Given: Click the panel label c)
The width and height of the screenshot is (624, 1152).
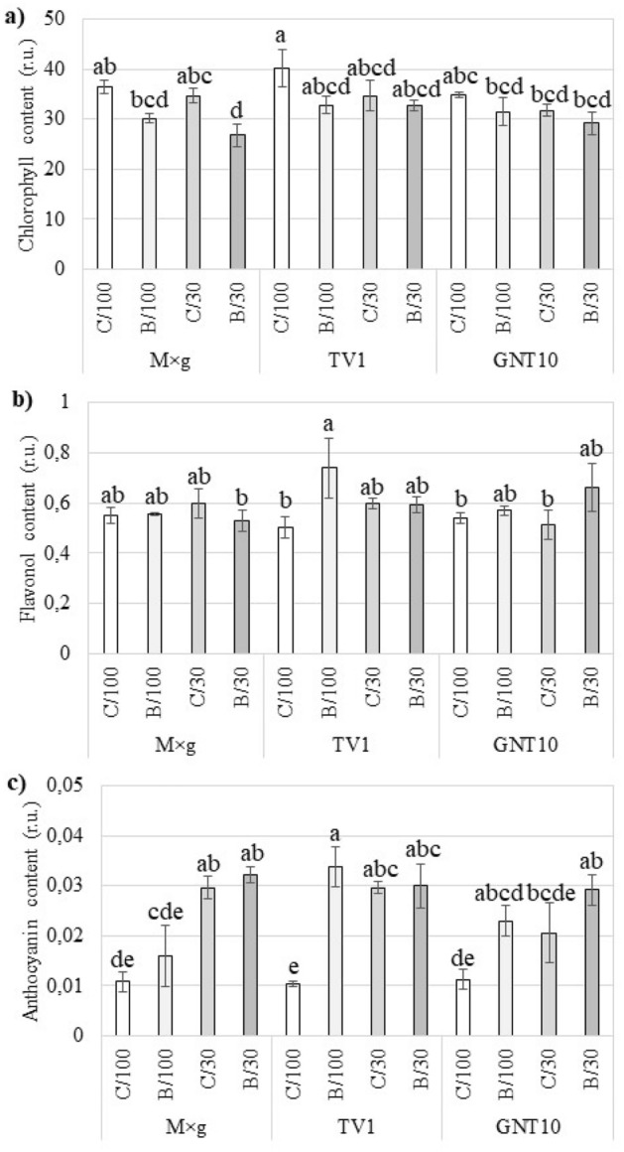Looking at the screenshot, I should point(17,789).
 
